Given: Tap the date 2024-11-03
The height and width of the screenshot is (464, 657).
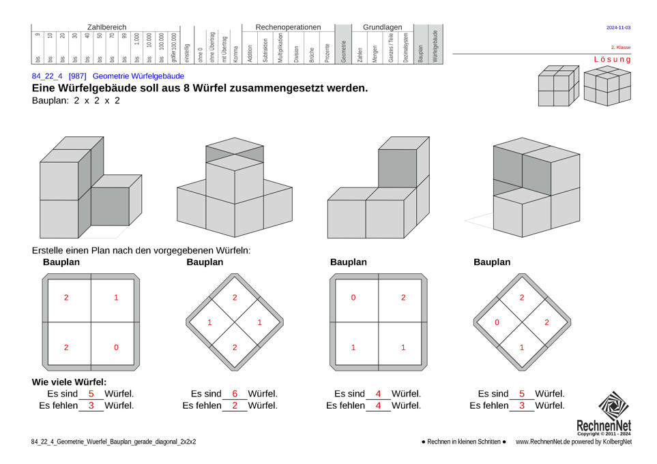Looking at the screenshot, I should pos(618,28).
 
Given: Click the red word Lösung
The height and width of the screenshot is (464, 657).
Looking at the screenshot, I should pos(612,59).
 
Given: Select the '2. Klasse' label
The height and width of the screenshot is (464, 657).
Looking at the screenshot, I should pos(620,48).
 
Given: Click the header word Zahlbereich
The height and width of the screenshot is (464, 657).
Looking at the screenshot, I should pos(106,27).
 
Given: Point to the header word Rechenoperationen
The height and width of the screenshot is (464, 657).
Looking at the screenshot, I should pos(288,27).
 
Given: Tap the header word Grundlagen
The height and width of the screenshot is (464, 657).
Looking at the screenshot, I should pos(382,27).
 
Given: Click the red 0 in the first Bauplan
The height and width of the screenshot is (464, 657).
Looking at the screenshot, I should pos(116,347).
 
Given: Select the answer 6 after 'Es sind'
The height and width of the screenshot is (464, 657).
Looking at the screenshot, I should pos(235,394).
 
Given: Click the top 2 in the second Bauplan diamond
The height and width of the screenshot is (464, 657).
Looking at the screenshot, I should pos(235,298).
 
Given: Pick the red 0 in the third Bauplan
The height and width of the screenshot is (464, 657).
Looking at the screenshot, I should pos(353,298).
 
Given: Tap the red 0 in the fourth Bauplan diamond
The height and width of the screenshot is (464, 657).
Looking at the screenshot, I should pos(497,322).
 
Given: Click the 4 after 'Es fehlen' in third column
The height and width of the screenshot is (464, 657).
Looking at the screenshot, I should pos(378,405).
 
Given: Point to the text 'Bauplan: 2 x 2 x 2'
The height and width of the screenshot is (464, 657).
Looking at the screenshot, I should pos(76,100).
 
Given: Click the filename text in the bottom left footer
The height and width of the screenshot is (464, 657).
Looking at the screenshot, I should pos(113,442).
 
